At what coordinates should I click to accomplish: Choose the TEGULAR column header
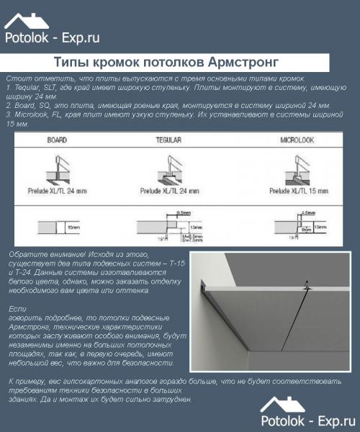coord(167,140)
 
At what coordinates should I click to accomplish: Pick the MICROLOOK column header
coord(295,140)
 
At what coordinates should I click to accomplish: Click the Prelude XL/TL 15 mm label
coord(298,192)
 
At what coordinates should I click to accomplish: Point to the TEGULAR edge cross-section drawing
coord(173,226)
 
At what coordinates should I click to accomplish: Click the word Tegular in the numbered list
coord(25,86)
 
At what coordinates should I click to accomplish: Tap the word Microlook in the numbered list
coord(28,114)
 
